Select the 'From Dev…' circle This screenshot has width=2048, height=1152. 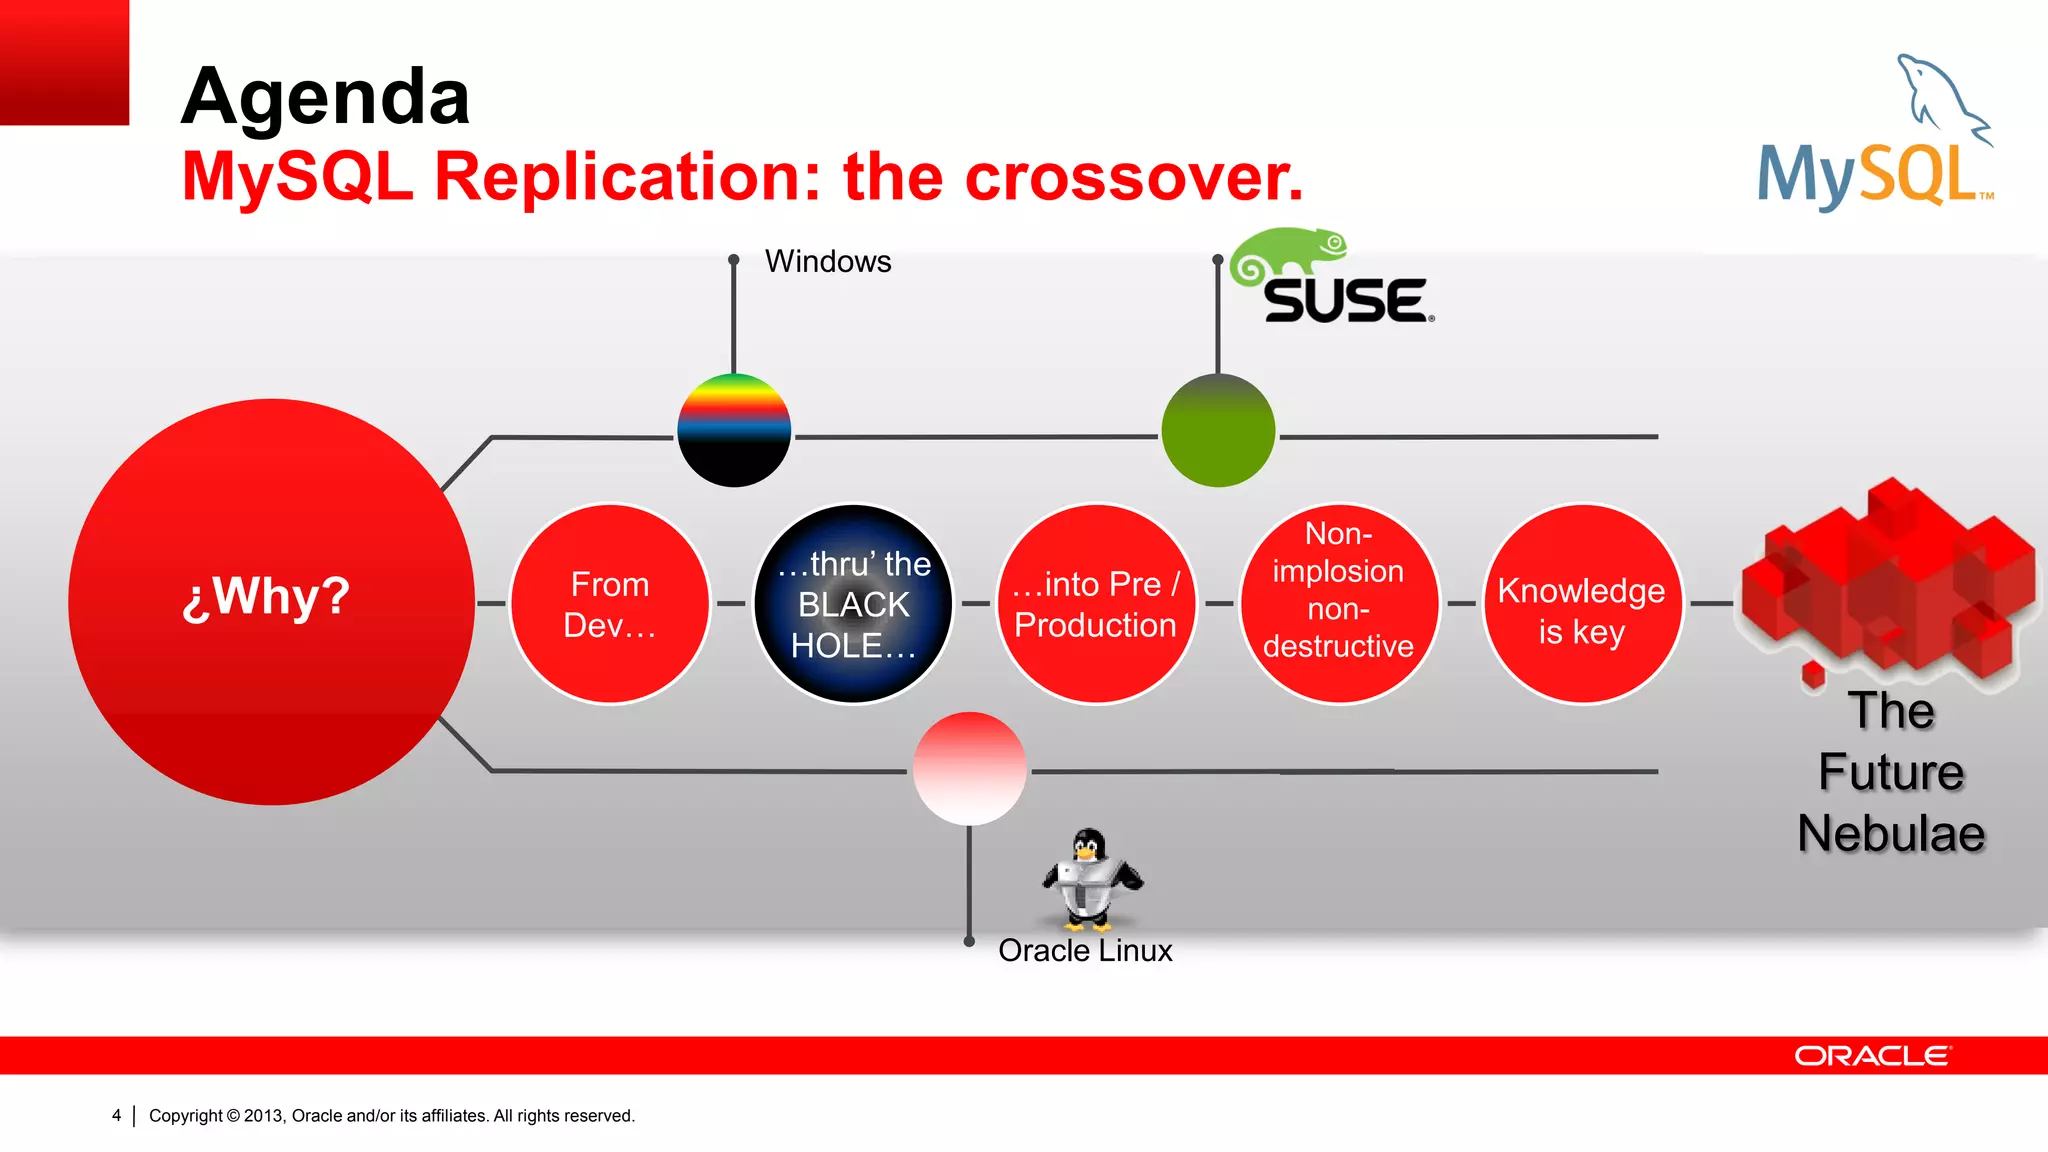(609, 604)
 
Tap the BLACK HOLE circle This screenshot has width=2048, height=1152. (853, 604)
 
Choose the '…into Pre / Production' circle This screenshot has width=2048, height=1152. (1096, 604)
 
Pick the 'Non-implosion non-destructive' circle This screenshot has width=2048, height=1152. (1339, 604)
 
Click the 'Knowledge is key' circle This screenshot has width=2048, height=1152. (1582, 604)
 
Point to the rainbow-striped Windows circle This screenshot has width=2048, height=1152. (734, 430)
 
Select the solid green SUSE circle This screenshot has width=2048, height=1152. (1218, 430)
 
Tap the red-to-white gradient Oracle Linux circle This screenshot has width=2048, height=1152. (969, 768)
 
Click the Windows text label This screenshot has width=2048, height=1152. (828, 262)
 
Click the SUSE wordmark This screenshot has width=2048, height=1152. (1346, 301)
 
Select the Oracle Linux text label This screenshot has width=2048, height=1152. (1085, 950)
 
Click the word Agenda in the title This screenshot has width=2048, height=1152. (325, 97)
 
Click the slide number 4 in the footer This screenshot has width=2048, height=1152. (117, 1115)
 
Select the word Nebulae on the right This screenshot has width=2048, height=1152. (1890, 834)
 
